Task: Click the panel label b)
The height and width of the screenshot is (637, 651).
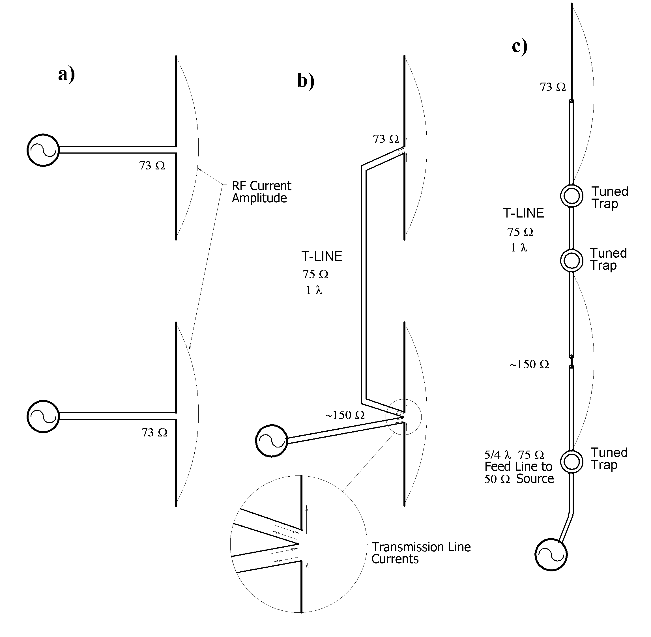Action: point(306,81)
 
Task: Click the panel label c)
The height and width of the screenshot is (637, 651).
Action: point(519,46)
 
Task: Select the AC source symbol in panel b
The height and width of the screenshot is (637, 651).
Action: point(271,441)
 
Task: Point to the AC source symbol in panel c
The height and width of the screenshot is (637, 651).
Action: point(551,554)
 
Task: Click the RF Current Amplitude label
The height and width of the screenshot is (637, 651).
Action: point(261,192)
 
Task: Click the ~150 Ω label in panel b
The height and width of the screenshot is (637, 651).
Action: point(345,415)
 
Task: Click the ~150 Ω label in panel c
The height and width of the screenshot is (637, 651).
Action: point(529,364)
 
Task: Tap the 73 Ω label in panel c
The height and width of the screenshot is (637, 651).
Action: point(553,87)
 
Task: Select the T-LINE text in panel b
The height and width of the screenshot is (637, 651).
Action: point(322,256)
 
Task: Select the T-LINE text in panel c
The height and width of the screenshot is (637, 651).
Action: point(523,213)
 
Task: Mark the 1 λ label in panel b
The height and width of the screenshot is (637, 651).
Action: point(314,290)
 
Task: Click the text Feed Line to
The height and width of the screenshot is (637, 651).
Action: point(518,466)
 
